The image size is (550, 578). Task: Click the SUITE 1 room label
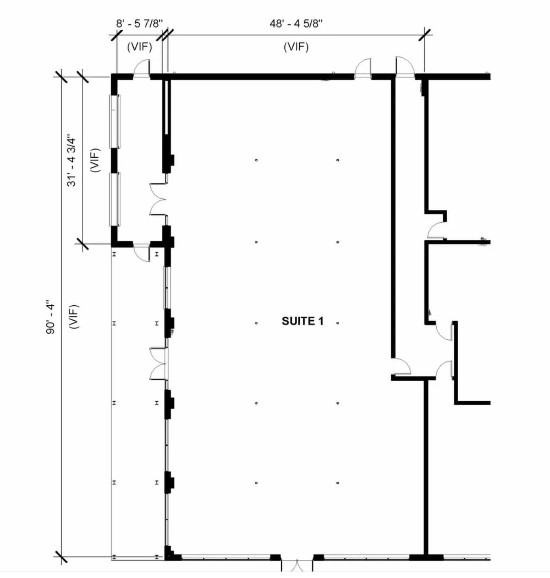click(x=303, y=321)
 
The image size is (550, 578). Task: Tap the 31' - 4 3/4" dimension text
click(x=71, y=161)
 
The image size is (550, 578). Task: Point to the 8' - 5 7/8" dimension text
click(x=139, y=24)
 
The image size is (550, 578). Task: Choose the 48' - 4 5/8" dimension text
click(x=296, y=24)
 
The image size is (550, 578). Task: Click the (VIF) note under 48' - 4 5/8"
click(x=296, y=47)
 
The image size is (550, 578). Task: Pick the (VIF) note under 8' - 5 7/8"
click(x=139, y=47)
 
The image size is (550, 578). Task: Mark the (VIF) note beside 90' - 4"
click(x=74, y=317)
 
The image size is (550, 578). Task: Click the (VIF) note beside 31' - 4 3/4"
click(x=95, y=161)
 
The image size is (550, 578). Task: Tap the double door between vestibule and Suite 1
click(x=158, y=199)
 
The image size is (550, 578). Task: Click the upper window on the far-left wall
click(x=115, y=121)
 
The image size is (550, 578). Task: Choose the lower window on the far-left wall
click(x=115, y=199)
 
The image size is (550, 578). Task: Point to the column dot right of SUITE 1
click(x=338, y=323)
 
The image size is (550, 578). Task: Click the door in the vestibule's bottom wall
click(x=142, y=252)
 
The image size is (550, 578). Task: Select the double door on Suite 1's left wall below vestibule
click(x=158, y=364)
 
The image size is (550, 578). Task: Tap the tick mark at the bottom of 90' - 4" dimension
click(x=61, y=556)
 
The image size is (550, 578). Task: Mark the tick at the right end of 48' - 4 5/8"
click(x=425, y=35)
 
